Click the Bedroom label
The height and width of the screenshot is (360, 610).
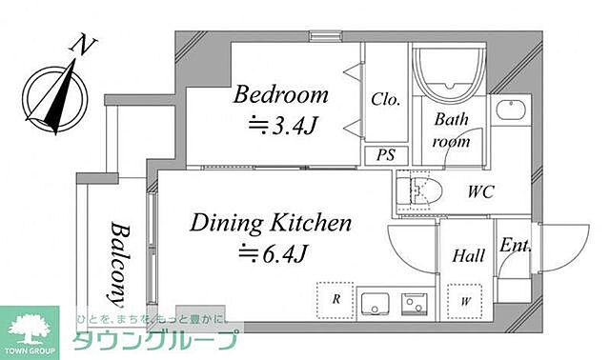280,94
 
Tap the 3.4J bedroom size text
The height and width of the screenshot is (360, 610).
284,126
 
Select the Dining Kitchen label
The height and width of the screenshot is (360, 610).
271,224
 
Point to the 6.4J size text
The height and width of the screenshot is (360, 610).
274,254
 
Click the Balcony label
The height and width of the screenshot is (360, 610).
119,265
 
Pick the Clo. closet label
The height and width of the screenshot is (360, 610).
385,99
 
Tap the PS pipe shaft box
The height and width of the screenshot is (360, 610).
386,154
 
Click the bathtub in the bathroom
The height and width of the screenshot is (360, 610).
449,74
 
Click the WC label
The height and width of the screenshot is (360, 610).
480,192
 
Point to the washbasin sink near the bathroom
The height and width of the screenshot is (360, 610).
511,110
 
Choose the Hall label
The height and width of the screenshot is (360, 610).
468,256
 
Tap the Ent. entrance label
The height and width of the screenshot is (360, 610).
516,246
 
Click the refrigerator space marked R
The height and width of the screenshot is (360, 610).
335,301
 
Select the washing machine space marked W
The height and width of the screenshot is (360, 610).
465,302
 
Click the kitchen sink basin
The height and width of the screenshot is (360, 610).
375,304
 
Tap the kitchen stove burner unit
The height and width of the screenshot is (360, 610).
415,303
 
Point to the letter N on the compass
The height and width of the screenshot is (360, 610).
83,44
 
